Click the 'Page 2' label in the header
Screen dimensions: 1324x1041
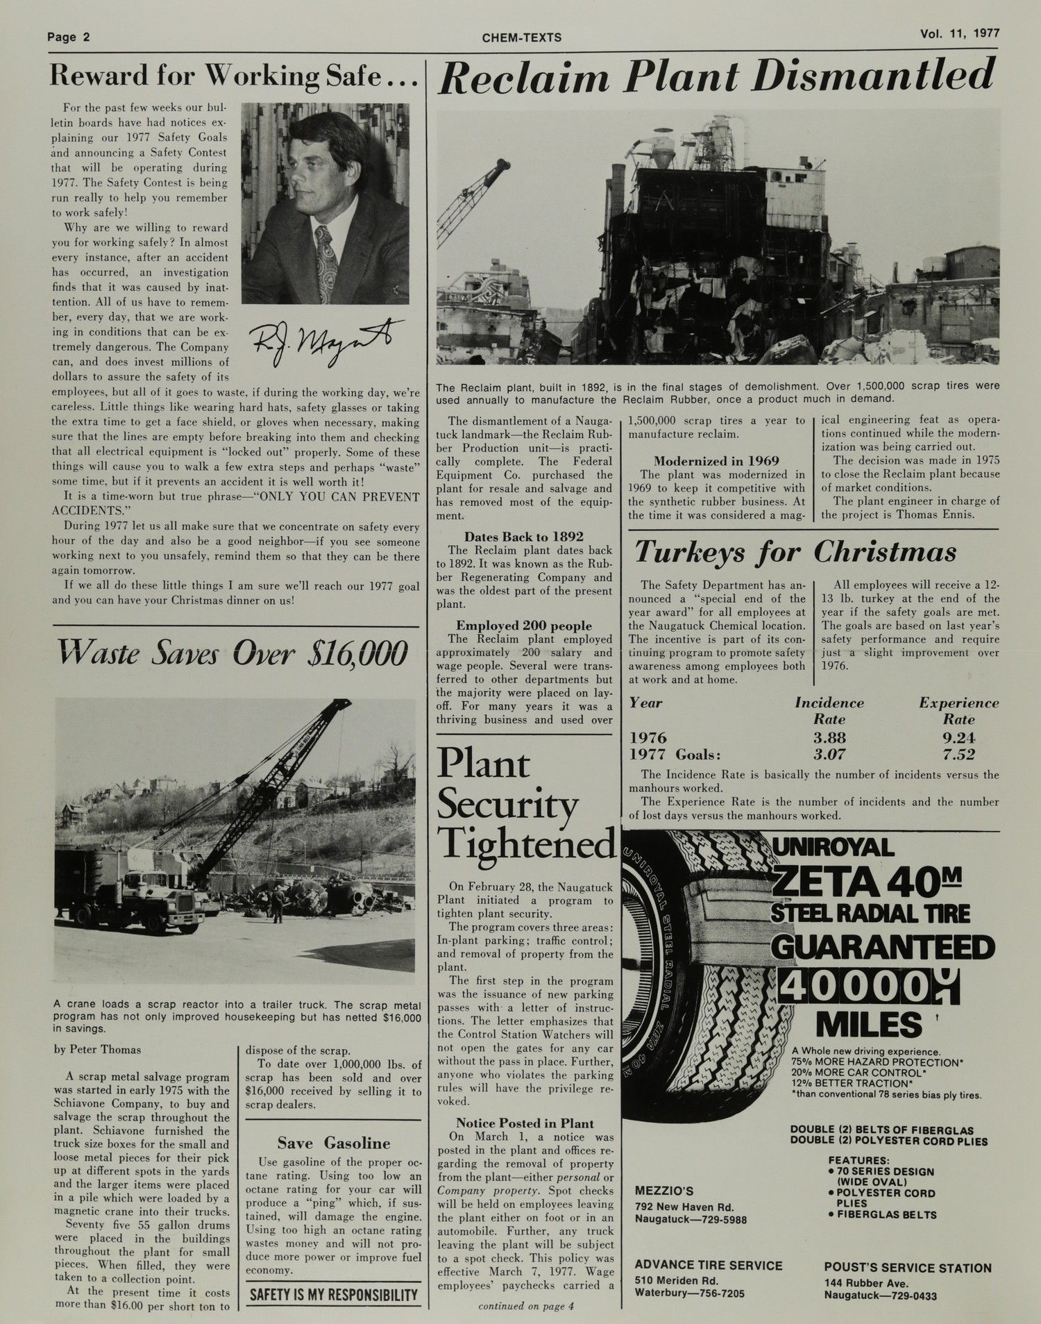[69, 37]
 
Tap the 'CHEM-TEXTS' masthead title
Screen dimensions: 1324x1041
[521, 37]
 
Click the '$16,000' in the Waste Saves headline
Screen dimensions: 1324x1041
[356, 654]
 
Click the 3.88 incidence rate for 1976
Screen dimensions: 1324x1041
[829, 737]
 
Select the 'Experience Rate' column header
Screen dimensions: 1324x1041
[958, 711]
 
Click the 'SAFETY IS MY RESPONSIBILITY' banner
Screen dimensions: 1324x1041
[334, 1294]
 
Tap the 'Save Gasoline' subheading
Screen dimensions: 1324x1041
[333, 1143]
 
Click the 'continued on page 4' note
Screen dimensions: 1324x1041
[526, 1306]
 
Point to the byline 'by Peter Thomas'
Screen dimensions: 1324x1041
[97, 1049]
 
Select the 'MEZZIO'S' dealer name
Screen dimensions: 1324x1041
[664, 1191]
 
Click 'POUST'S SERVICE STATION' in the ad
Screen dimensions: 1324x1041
[908, 1268]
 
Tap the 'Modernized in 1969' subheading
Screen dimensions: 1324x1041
[716, 461]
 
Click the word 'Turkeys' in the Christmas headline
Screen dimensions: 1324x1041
[708, 553]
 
